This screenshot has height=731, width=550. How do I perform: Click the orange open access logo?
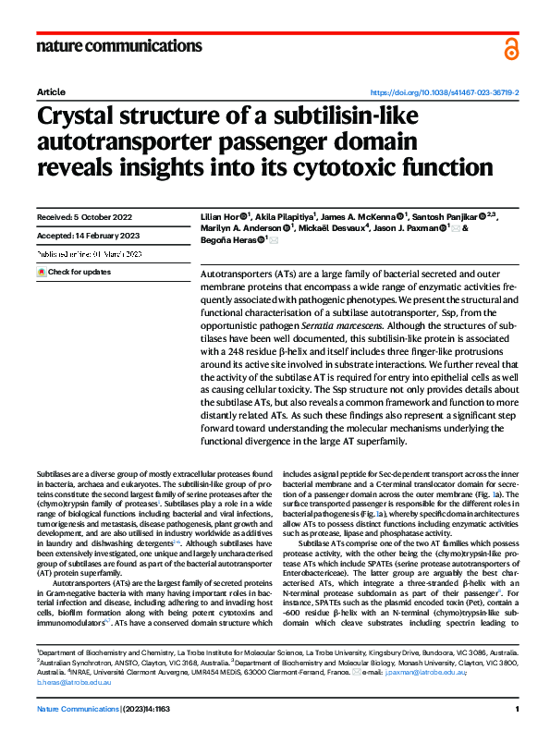tap(511, 49)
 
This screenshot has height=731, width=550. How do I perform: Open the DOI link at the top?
tap(445, 93)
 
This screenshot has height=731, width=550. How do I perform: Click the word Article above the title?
tap(51, 93)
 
